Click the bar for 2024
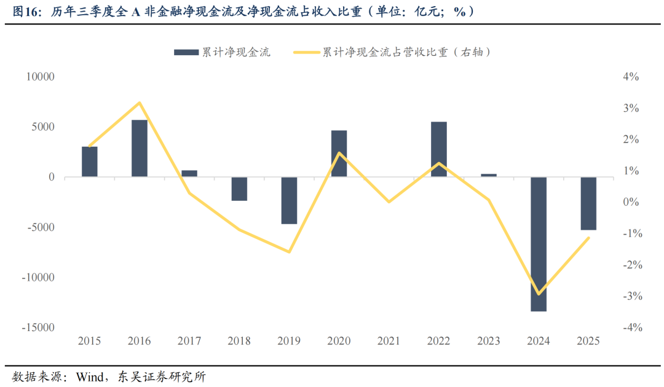click(539, 244)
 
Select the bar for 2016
click(140, 148)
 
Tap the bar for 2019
click(289, 200)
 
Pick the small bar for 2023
click(488, 175)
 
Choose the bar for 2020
click(339, 154)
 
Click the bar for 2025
click(588, 203)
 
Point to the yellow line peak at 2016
click(140, 103)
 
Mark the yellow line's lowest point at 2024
click(539, 294)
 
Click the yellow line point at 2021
click(389, 201)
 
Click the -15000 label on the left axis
click(38, 328)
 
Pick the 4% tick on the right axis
click(631, 77)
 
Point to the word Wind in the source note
click(89, 377)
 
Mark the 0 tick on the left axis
click(51, 178)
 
